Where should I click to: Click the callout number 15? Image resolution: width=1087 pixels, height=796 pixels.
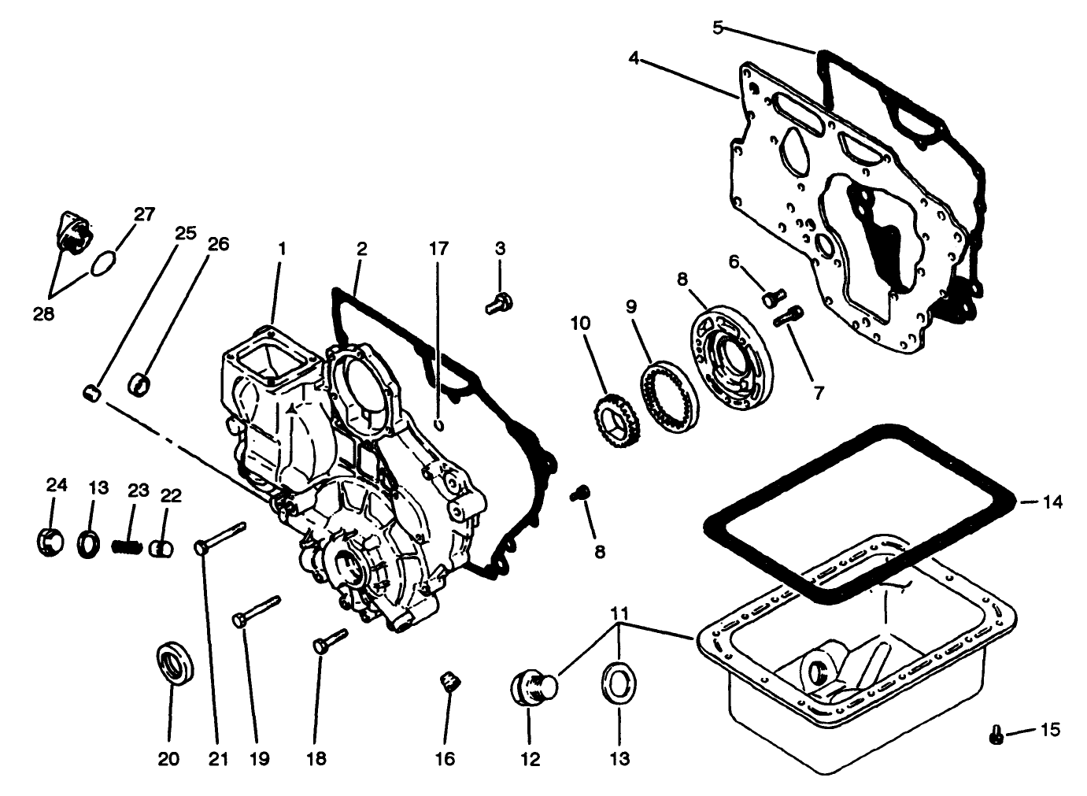pos(1050,729)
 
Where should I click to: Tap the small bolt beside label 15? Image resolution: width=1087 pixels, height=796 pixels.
pos(996,736)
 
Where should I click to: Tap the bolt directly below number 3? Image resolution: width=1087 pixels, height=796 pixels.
pos(498,302)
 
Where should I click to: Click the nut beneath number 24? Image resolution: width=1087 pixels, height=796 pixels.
pos(50,542)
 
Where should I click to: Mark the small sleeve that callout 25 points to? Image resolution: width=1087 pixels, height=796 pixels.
pos(92,391)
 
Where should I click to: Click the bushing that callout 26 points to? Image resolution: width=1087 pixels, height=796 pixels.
pos(141,384)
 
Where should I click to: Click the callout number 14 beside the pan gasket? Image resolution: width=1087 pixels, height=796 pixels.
pos(1052,502)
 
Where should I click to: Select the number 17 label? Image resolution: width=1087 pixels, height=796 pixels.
pos(438,249)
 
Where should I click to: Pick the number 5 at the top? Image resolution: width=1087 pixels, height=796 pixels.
pos(717,28)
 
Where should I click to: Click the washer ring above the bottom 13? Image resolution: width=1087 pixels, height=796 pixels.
pos(619,679)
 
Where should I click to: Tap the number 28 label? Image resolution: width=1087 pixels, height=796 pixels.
pos(43,314)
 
